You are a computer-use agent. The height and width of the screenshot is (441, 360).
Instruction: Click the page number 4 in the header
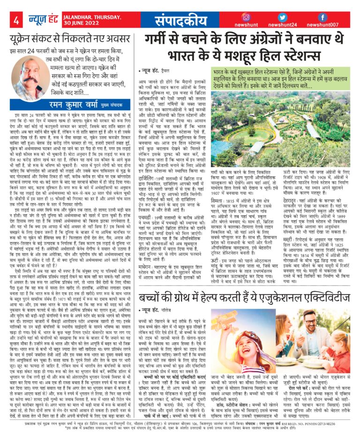point(16,21)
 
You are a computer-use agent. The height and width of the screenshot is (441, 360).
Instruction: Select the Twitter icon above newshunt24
point(282,17)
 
